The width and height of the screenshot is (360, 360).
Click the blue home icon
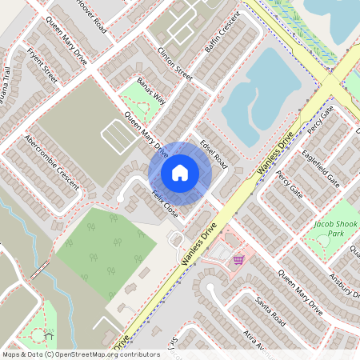[x=180, y=172]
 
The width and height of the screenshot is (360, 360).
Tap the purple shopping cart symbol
[x=238, y=259]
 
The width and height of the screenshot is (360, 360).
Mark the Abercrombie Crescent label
[x=53, y=161]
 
